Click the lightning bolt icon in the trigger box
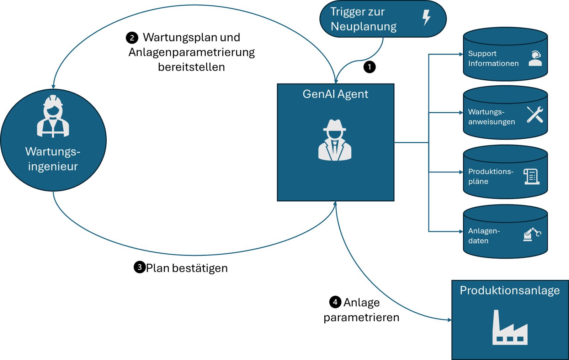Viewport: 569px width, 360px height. click(426, 17)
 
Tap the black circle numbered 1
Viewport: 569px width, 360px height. click(369, 67)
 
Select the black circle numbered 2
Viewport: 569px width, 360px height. click(132, 38)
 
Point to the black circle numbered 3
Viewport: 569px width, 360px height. click(139, 267)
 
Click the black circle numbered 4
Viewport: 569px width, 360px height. click(335, 302)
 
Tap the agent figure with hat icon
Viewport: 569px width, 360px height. click(335, 140)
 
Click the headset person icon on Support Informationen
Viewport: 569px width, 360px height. click(535, 58)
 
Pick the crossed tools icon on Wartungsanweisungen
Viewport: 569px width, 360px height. click(535, 115)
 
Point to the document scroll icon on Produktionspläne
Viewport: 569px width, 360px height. click(532, 176)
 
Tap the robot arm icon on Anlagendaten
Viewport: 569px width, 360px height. click(532, 234)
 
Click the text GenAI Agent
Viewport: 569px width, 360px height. click(335, 94)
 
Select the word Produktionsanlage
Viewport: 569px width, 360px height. click(510, 290)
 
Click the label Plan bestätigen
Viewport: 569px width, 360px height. click(187, 268)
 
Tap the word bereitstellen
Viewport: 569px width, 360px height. click(191, 67)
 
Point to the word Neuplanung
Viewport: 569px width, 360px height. click(363, 26)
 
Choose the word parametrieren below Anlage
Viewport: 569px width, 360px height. click(361, 317)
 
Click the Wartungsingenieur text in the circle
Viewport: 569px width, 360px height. click(53, 159)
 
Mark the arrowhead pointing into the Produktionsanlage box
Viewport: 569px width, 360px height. click(450, 320)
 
